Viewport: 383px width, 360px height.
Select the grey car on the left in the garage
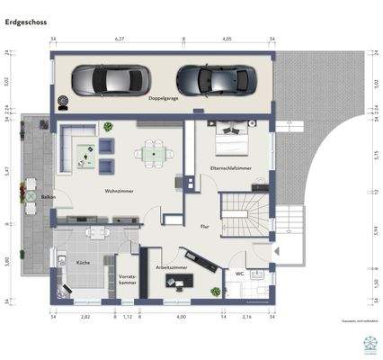(107, 80)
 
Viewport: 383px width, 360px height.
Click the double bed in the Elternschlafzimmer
(232, 141)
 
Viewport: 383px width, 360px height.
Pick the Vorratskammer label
(127, 279)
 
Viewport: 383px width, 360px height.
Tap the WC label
(239, 273)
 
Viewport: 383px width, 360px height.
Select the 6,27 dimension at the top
(118, 40)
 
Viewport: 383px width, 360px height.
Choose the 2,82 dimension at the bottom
(85, 318)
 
